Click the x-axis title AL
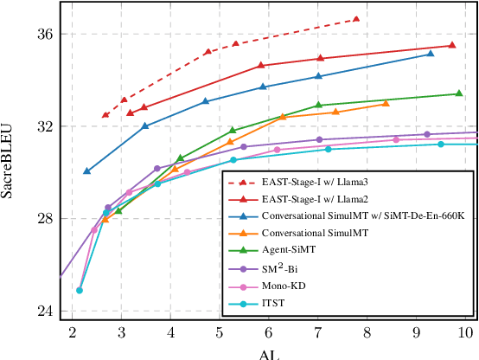tap(269, 353)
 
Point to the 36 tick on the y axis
tap(43, 34)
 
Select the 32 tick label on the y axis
tap(43, 126)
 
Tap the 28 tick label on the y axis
tap(43, 219)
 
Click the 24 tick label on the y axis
tap(43, 312)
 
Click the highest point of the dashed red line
tap(356, 18)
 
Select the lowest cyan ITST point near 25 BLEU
tap(80, 290)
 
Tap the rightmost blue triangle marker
tap(431, 54)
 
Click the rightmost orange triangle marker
tap(386, 103)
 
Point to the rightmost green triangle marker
tap(458, 93)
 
